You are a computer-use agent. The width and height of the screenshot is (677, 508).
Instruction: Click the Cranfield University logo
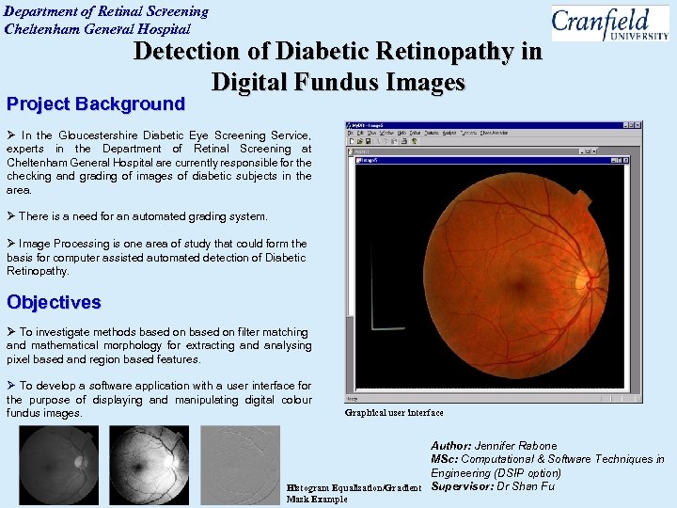pyautogui.click(x=609, y=23)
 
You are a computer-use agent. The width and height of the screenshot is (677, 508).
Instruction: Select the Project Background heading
pyautogui.click(x=96, y=103)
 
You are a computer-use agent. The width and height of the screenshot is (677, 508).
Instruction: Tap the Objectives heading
pyautogui.click(x=54, y=302)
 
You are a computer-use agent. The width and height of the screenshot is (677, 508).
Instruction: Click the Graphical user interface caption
pyautogui.click(x=394, y=412)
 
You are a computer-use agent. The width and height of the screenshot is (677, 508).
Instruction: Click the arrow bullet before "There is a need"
pyautogui.click(x=12, y=216)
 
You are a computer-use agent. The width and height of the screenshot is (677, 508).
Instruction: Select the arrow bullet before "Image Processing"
pyautogui.click(x=12, y=244)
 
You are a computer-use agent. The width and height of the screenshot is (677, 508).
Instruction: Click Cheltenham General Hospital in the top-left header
pyautogui.click(x=98, y=28)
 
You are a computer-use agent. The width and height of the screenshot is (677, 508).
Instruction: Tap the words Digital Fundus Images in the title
pyautogui.click(x=338, y=82)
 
